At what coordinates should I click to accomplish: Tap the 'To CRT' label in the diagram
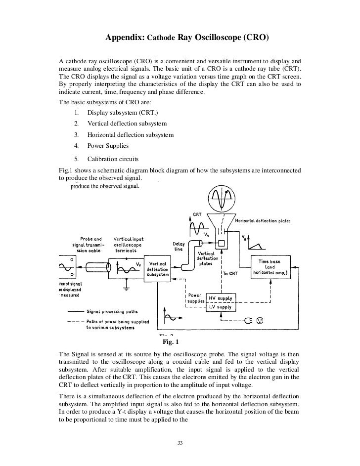coord(231,273)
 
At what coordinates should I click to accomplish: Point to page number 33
coord(180,442)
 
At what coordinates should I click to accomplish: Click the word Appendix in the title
coord(124,38)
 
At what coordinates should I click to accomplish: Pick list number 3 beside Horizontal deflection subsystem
coord(77,134)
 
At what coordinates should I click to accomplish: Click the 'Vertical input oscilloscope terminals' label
coord(128,245)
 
